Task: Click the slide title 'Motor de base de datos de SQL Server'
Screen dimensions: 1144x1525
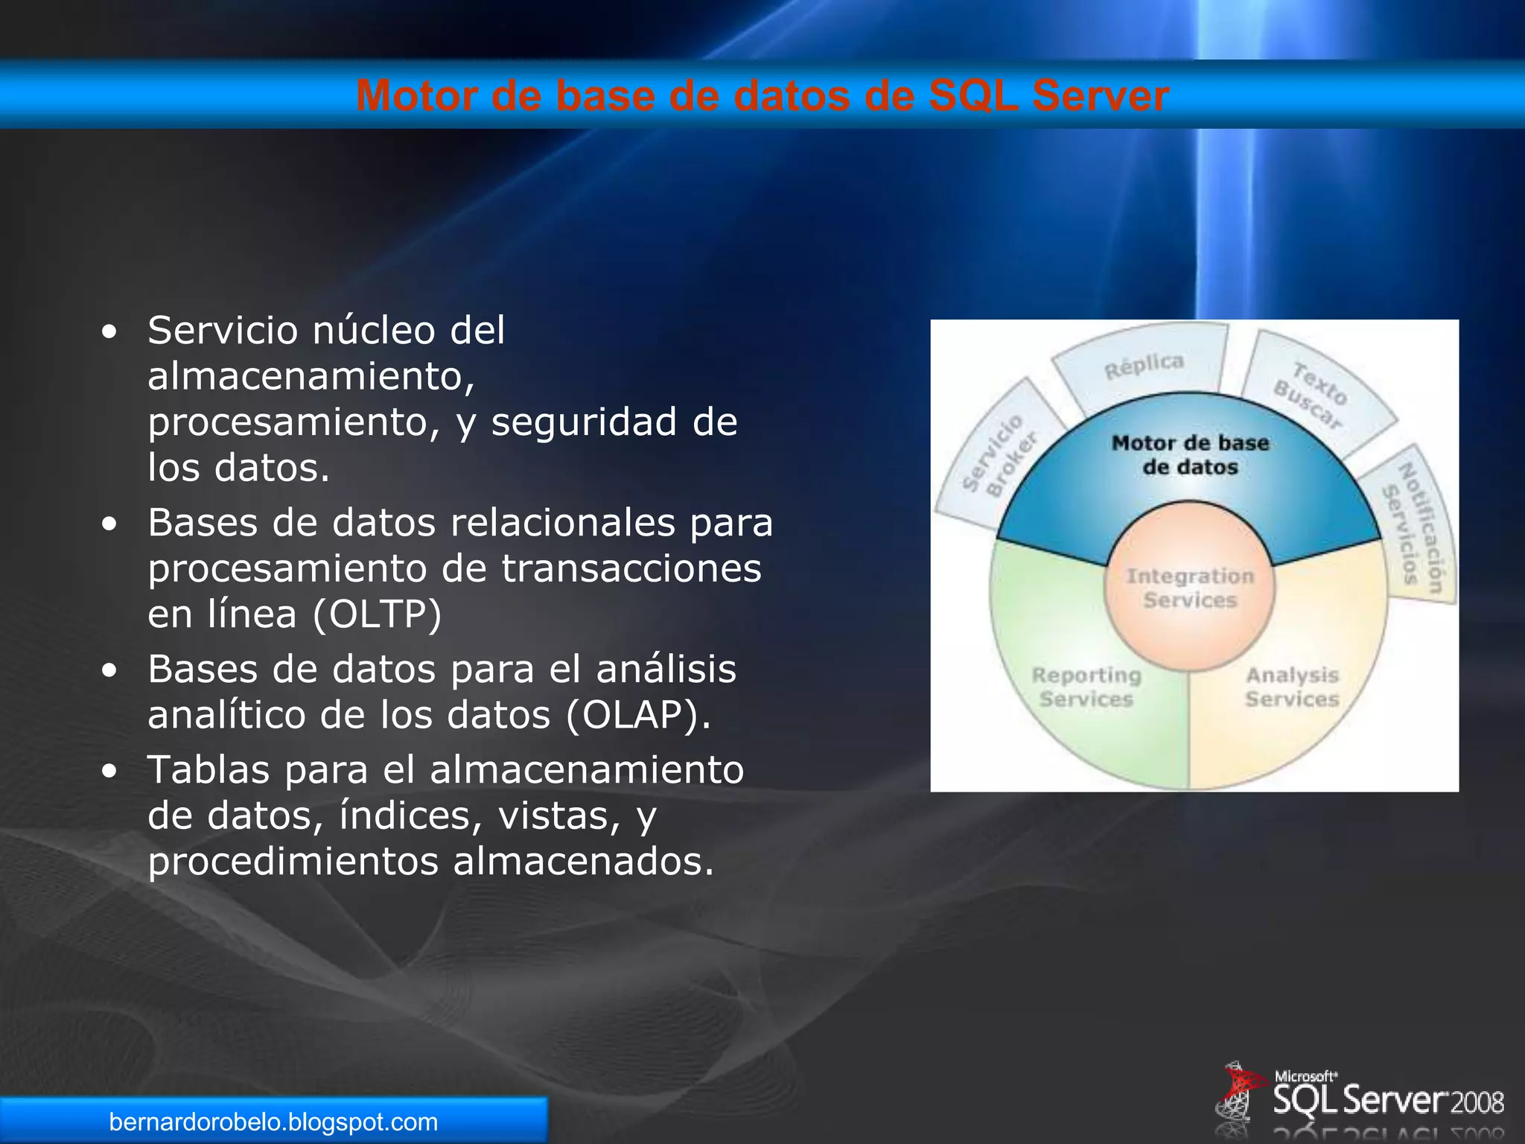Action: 762,96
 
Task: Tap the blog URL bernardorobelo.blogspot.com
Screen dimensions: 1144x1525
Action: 273,1122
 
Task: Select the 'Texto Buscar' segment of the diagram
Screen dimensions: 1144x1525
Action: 1311,395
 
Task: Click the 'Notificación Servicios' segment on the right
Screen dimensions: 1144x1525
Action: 1415,526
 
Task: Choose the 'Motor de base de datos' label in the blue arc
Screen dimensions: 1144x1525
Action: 1190,455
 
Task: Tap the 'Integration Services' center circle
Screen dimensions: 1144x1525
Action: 1190,588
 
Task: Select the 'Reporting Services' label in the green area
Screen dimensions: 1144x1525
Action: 1086,687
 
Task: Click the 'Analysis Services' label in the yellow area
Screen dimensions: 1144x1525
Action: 1293,687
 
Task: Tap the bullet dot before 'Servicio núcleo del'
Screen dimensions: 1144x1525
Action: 109,332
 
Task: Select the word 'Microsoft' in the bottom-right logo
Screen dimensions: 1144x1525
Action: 1305,1076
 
